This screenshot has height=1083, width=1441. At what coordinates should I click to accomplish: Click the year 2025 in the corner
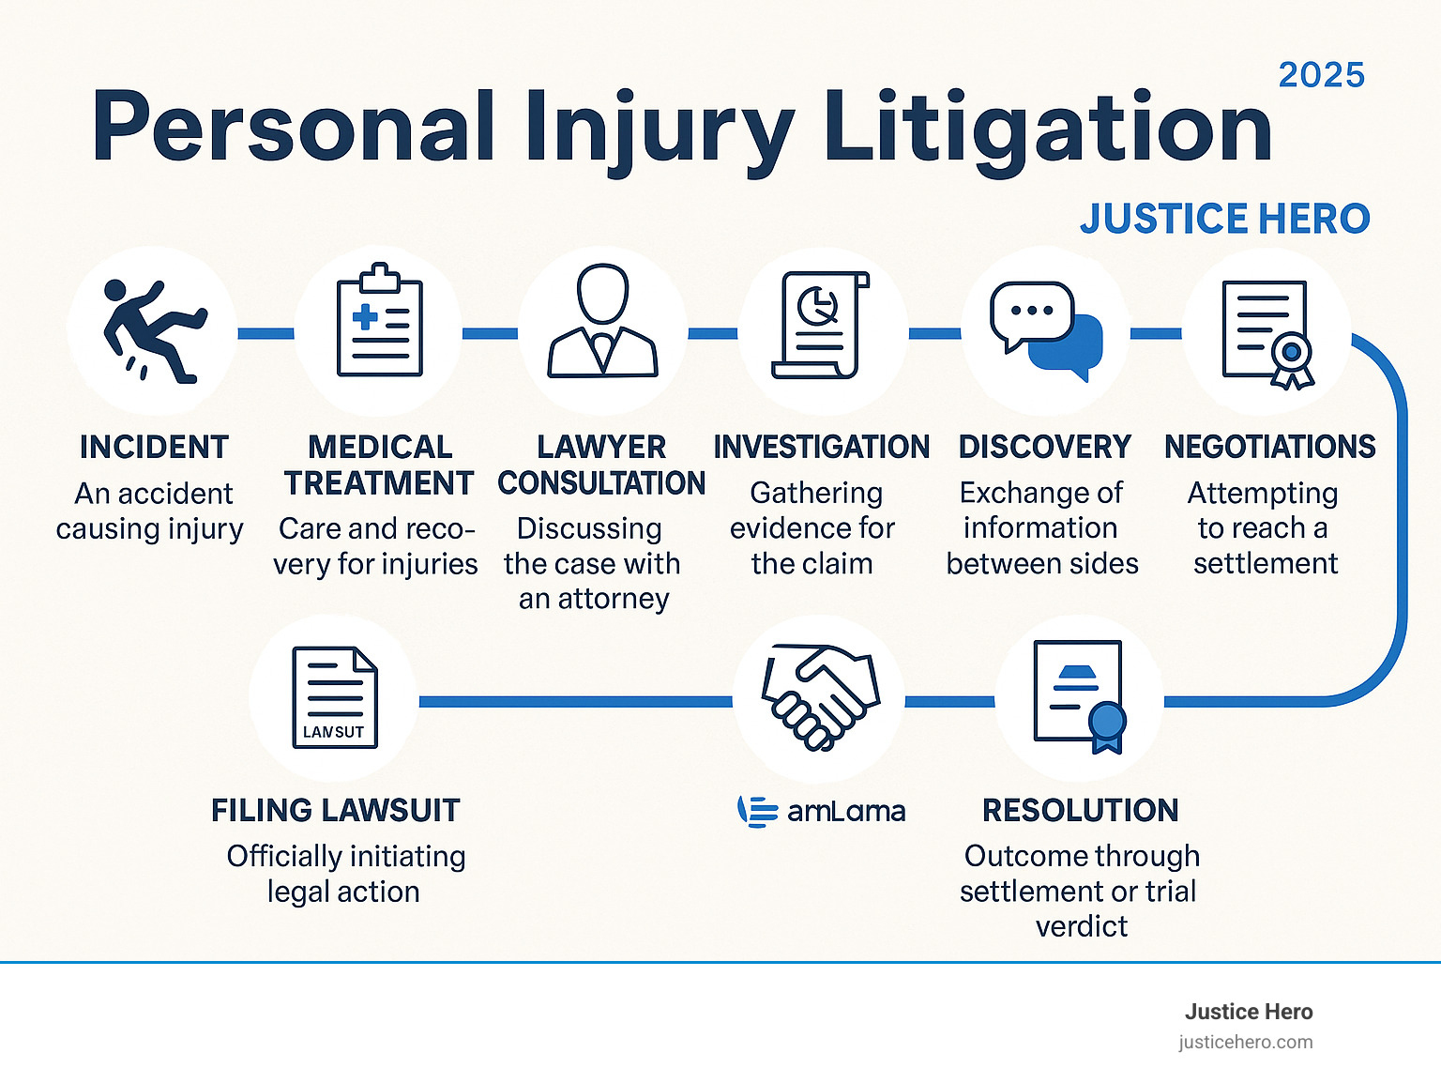pos(1321,75)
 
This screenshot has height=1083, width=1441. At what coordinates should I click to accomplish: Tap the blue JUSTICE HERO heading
pos(1224,219)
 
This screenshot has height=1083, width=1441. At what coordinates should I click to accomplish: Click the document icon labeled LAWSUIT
pos(334,697)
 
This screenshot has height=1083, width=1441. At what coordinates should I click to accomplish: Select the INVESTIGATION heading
pos(821,447)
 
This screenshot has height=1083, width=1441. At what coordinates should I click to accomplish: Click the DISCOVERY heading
pos(1044,447)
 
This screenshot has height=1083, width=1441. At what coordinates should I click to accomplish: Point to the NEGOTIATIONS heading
pos(1269,447)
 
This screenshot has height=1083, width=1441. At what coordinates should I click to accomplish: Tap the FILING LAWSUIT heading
pos(335,810)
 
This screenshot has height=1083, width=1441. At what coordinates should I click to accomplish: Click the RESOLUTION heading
pos(1080,810)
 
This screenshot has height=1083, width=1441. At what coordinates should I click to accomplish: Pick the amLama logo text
pos(845,811)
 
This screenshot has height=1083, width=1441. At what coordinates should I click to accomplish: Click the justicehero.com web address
pos(1245,1042)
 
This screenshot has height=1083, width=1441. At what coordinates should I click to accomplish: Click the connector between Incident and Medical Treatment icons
pos(265,333)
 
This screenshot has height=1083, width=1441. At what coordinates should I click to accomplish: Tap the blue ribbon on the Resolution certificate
pos(1107,728)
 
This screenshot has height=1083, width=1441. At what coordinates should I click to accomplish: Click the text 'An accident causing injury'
pos(149,511)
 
